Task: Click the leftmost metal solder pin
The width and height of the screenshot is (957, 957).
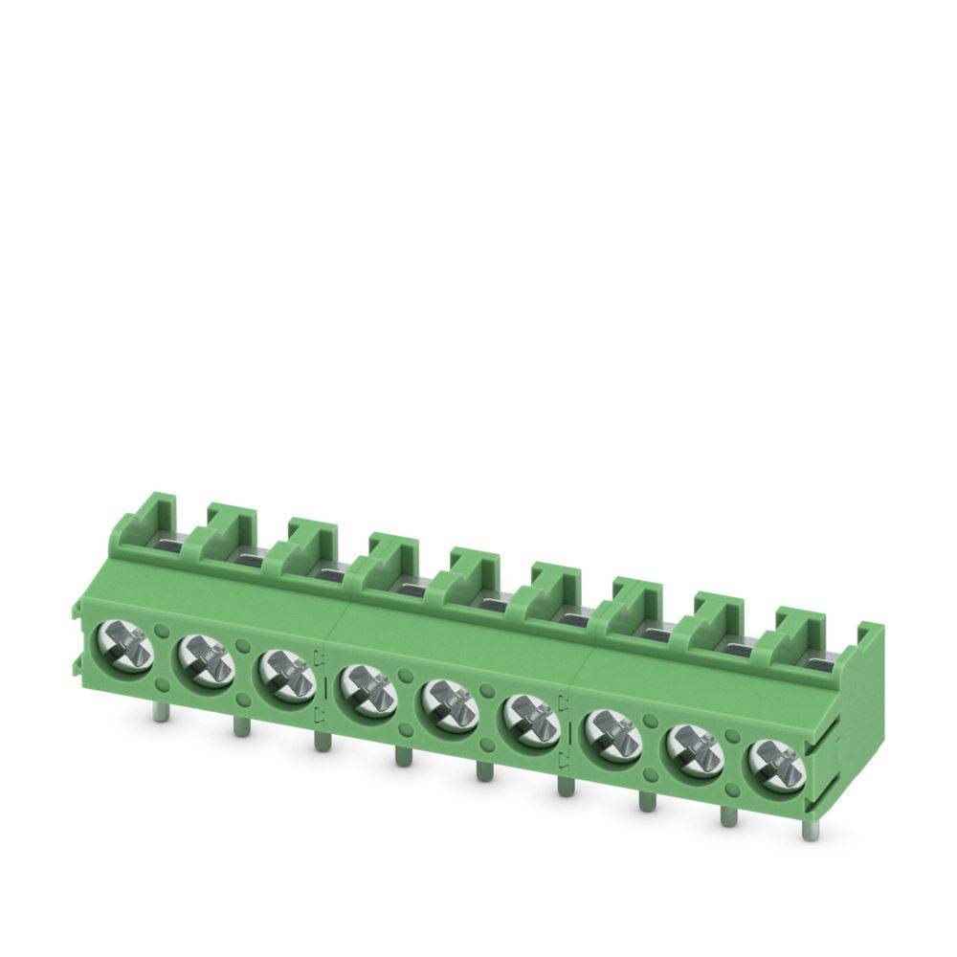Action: tap(155, 714)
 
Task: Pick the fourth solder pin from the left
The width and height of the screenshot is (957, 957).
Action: tap(401, 756)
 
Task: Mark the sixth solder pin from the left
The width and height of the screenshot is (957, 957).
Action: tap(566, 785)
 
